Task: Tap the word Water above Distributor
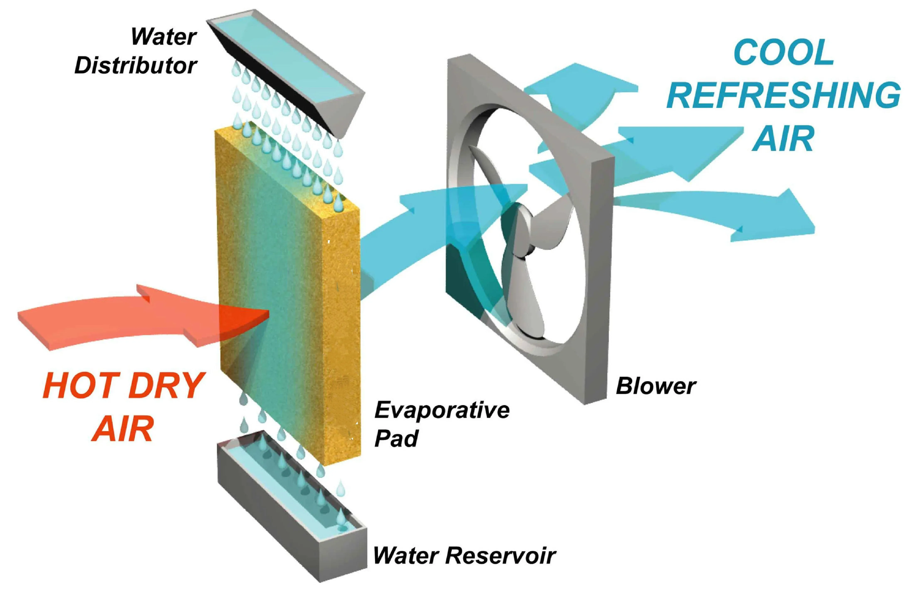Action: (x=163, y=37)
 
